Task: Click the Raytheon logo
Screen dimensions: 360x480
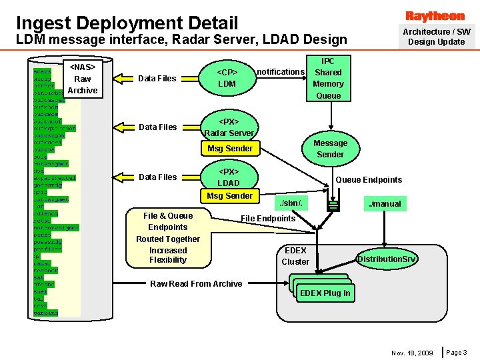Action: (x=435, y=16)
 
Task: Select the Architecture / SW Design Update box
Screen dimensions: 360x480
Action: (x=436, y=37)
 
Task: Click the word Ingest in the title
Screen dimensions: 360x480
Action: (x=43, y=23)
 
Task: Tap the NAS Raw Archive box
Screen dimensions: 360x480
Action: (x=83, y=79)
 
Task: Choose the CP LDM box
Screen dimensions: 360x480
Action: (x=227, y=78)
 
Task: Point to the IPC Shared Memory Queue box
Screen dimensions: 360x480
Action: (x=328, y=78)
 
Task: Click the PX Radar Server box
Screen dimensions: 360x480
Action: (x=229, y=127)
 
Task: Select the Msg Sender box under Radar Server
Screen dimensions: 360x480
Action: (x=230, y=149)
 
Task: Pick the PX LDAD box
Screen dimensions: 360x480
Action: (x=229, y=177)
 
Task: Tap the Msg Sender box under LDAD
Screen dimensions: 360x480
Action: (x=230, y=196)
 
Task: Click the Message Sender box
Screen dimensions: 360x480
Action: (x=330, y=149)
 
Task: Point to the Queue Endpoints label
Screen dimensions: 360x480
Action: (x=369, y=179)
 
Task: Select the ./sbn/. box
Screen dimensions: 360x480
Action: (x=291, y=203)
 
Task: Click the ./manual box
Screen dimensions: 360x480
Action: (x=386, y=203)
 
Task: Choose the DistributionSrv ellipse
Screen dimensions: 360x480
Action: (x=387, y=258)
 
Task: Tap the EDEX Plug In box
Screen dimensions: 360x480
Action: (x=325, y=293)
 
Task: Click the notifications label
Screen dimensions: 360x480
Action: (x=281, y=72)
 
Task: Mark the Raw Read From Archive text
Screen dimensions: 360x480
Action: (x=196, y=284)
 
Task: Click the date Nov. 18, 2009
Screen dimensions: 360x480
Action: (x=412, y=353)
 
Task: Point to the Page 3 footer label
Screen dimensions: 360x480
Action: (x=457, y=352)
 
